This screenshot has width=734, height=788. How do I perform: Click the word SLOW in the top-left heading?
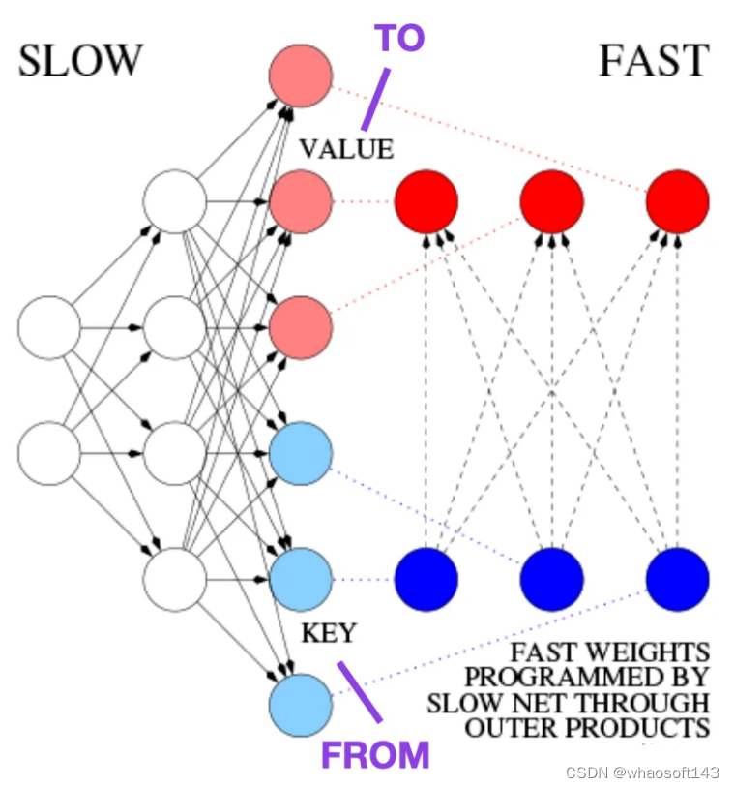[x=80, y=61]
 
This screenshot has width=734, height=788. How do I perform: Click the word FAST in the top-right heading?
[x=654, y=61]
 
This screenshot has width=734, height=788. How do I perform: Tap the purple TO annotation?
[x=399, y=40]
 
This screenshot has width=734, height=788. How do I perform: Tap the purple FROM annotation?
[x=374, y=754]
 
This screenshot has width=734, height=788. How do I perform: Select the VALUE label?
[x=346, y=149]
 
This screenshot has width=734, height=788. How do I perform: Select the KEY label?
[x=329, y=633]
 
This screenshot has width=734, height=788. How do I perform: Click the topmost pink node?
[x=301, y=75]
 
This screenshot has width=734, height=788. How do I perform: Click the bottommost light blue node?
[x=301, y=703]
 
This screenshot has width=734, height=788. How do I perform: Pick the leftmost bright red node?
[x=426, y=201]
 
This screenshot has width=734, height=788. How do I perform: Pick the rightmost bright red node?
[x=677, y=201]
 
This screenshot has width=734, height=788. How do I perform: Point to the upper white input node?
[x=48, y=328]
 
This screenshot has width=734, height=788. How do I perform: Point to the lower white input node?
[x=48, y=453]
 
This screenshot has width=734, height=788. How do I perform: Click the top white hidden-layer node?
[x=174, y=201]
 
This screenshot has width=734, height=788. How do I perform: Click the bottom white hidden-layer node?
[x=174, y=580]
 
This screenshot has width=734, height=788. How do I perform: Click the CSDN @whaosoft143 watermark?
[x=642, y=773]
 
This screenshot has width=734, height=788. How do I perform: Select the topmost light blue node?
[x=301, y=453]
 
